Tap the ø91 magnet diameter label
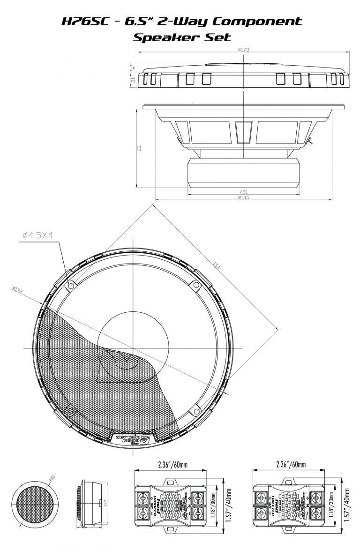coord(243,192)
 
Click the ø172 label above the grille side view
coord(243,49)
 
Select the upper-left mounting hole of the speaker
coord(70,285)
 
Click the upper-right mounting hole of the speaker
coord(193,285)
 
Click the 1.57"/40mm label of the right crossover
coord(347,503)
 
